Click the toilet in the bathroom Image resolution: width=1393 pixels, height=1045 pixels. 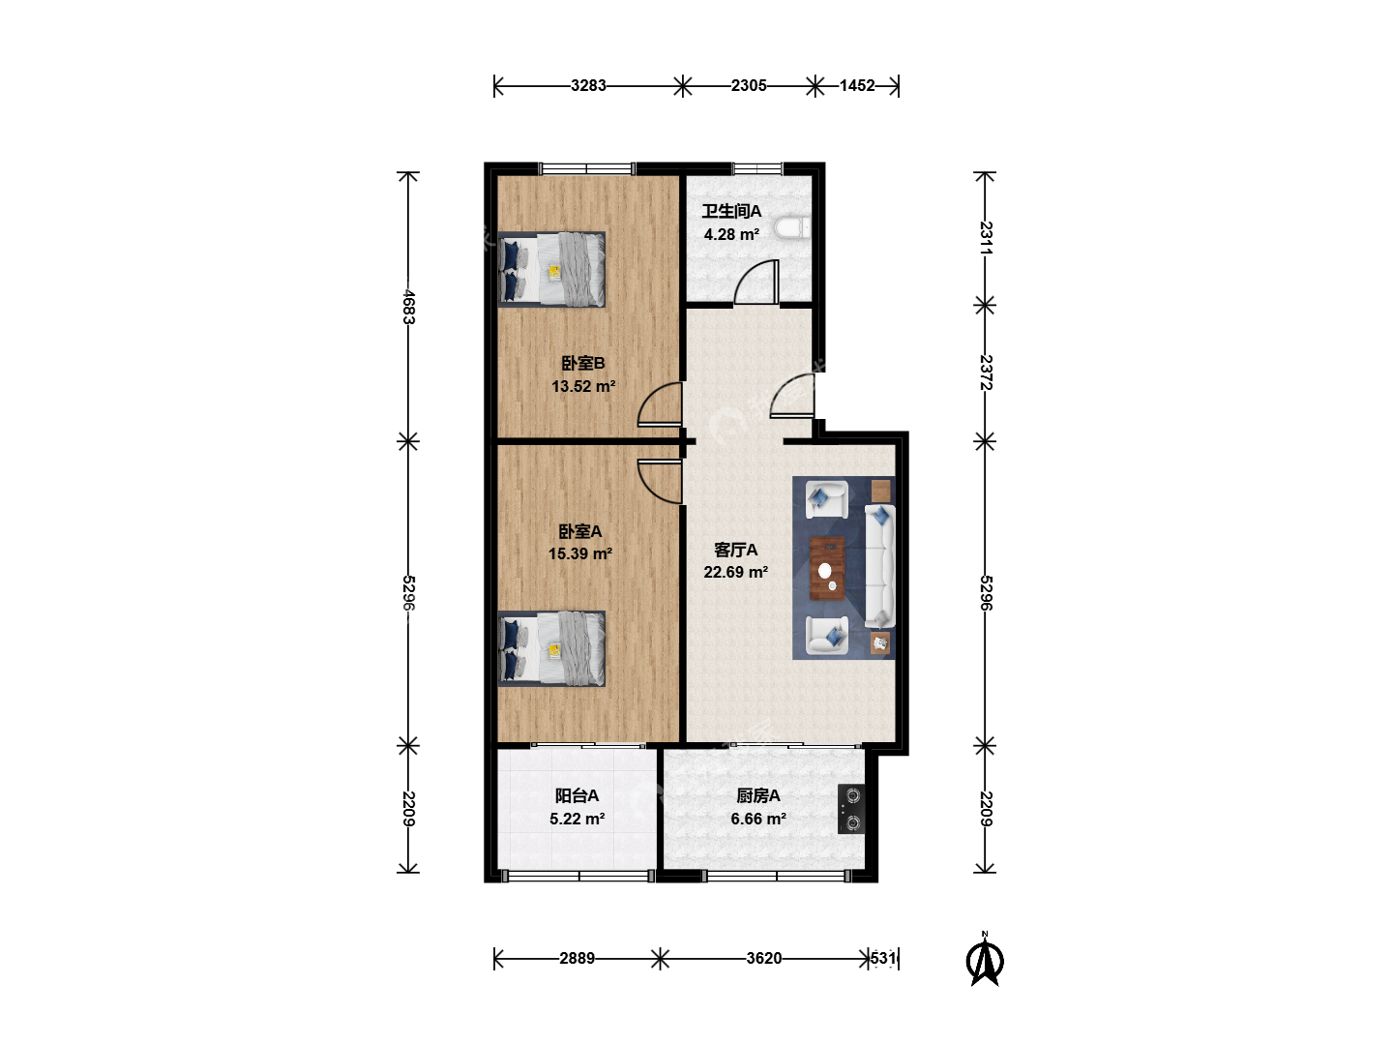792,228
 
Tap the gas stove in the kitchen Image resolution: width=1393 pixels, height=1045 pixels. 850,809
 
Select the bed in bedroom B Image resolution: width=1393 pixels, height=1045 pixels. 551,270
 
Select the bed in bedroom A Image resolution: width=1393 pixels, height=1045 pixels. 551,648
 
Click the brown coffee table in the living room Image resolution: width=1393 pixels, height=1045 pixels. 827,568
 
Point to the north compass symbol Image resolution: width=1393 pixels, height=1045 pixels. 985,960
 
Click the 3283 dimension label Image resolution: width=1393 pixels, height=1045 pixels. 588,86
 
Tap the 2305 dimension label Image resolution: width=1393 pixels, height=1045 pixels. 749,86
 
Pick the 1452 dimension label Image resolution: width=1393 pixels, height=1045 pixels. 857,86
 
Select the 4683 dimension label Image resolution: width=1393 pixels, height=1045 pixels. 408,307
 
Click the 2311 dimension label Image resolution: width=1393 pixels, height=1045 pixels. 986,238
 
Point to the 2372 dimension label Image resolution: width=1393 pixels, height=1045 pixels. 986,373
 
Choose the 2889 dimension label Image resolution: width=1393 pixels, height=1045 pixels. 577,958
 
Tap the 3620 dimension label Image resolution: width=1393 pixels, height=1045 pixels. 763,958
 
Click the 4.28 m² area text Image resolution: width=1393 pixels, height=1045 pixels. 731,235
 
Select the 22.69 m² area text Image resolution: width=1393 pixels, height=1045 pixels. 735,572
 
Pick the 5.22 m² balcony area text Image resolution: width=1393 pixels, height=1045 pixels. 577,820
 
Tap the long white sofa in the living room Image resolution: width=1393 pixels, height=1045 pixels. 880,567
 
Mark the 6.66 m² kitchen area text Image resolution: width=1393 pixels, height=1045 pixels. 758,820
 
